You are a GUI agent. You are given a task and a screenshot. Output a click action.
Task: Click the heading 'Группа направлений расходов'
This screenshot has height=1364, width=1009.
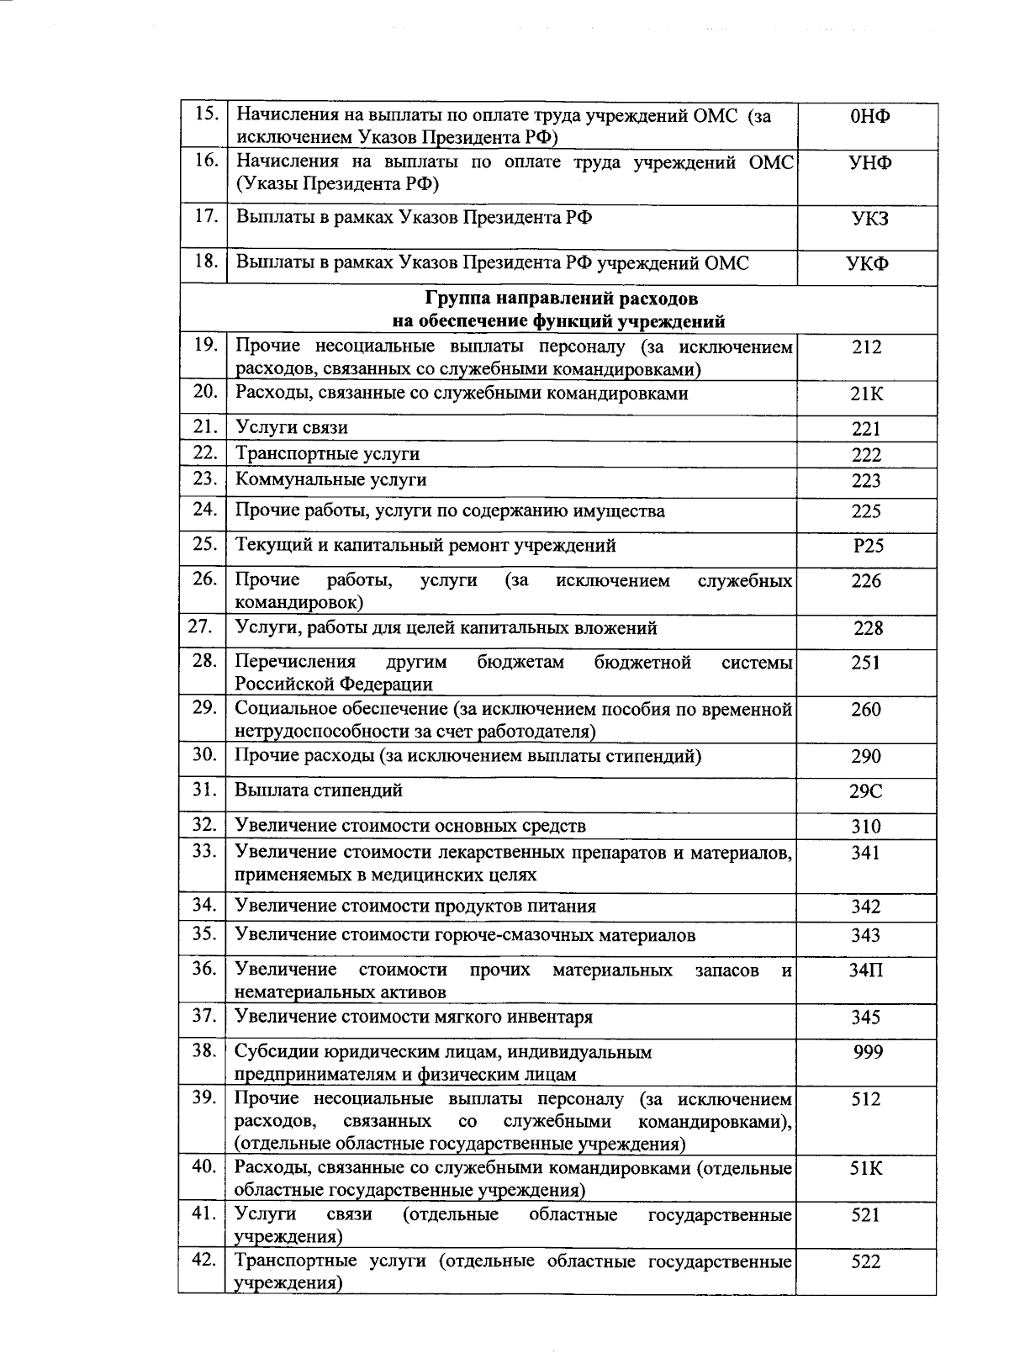click(560, 299)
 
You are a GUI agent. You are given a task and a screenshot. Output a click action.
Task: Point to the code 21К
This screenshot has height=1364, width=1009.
click(866, 394)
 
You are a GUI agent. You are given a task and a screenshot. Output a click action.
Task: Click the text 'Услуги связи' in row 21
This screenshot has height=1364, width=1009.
click(291, 428)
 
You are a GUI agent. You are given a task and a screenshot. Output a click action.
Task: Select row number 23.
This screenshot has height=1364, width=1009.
click(204, 479)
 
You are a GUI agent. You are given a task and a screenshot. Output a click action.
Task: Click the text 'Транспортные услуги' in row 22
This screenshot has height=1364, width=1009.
click(327, 454)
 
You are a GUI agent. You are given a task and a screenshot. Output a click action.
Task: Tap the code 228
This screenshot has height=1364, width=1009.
click(868, 628)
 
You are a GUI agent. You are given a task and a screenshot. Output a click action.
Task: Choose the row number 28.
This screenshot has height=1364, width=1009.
click(204, 661)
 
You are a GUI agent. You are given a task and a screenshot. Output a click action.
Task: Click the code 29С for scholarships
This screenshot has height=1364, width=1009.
click(866, 792)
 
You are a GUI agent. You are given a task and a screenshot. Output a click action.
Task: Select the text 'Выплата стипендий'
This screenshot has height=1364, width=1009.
click(319, 790)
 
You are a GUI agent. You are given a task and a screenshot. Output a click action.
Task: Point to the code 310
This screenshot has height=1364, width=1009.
click(866, 827)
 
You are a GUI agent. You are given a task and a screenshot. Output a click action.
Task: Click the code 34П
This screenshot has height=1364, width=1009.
click(866, 970)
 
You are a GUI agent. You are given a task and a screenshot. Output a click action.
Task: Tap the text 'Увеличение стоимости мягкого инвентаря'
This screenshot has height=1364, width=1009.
click(414, 1018)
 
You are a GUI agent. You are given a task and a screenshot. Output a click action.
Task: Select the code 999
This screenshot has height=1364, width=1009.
click(868, 1052)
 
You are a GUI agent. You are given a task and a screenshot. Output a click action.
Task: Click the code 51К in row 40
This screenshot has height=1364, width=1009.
click(866, 1169)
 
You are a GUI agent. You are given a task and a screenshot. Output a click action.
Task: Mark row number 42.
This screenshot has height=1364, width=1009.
click(204, 1260)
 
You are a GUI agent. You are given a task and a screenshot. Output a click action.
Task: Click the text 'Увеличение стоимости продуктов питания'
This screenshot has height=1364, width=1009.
click(415, 907)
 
